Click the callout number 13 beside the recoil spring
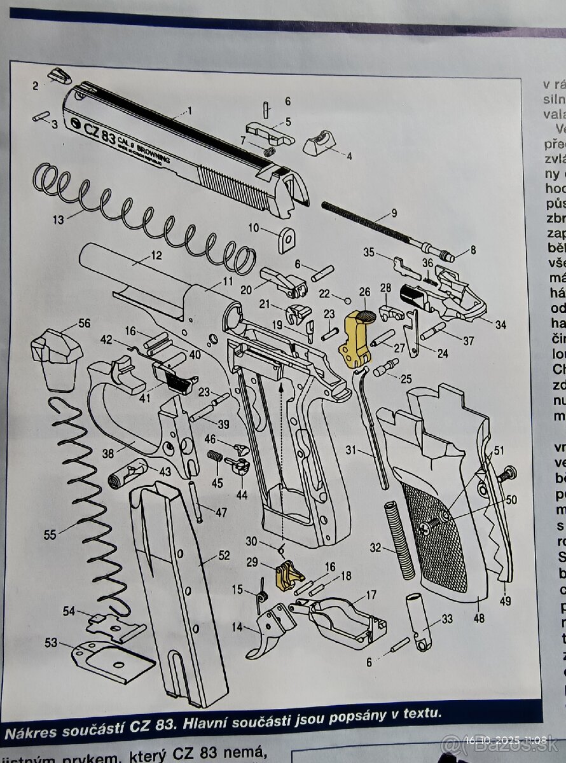point(59,220)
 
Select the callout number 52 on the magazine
point(223,555)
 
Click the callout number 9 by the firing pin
point(394,213)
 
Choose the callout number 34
point(500,325)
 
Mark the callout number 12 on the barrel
point(156,256)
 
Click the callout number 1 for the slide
point(207,111)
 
